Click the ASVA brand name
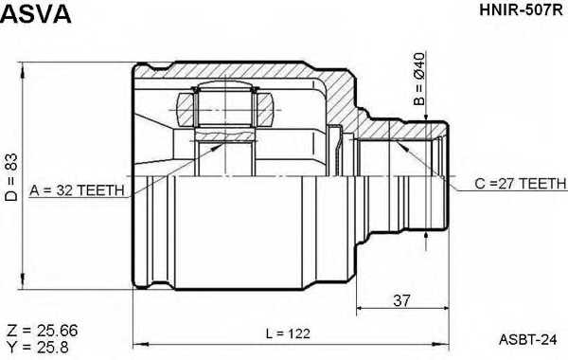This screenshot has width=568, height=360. coord(36,14)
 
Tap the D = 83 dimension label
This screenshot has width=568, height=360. coord(11,177)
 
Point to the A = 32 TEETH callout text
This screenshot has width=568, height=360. coord(77,190)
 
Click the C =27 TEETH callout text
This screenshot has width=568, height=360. coord(520,184)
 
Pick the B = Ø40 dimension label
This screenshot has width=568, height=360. coord(418,79)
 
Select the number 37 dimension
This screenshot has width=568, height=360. coord(402,300)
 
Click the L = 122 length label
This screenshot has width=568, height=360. coord(288,333)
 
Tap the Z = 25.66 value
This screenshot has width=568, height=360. coord(42,331)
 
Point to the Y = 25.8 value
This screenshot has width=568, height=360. coord(38,348)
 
